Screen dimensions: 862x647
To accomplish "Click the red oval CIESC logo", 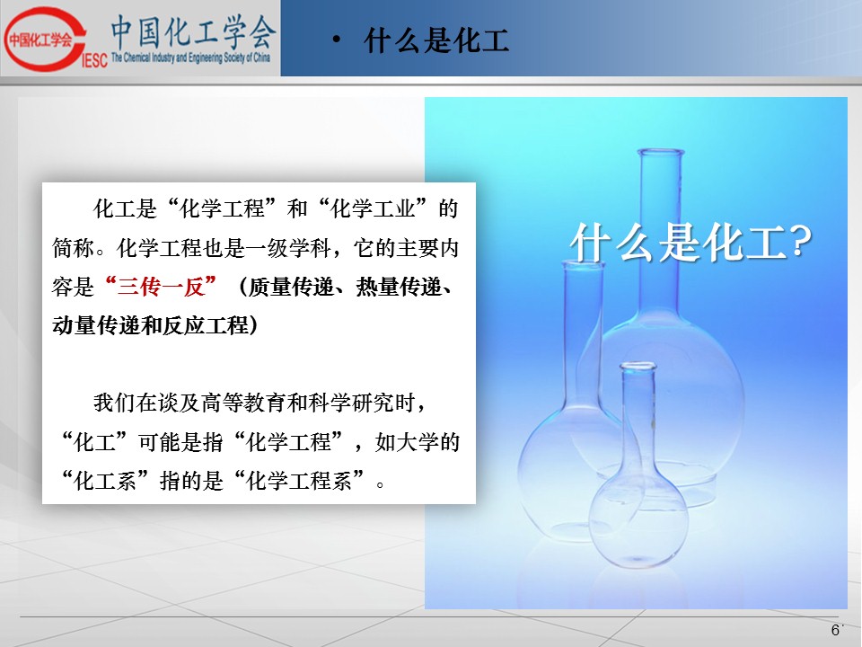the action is point(45,39).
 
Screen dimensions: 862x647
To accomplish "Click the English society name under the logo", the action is point(190,58).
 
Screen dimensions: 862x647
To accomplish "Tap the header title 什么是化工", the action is point(436,40).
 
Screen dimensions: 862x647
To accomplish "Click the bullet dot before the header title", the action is point(337,40).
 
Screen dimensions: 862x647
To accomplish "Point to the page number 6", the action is point(835,630).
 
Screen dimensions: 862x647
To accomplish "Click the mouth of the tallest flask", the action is point(660,153).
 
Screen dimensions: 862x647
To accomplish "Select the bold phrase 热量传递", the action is point(399,287).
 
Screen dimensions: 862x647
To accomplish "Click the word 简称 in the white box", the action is point(73,248).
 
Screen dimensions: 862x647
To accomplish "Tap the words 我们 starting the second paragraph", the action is point(114,403).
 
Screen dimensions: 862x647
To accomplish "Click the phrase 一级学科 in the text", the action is point(288,248).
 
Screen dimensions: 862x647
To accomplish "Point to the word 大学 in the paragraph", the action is point(417,442).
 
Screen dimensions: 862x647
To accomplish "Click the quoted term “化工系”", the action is point(103,481).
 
